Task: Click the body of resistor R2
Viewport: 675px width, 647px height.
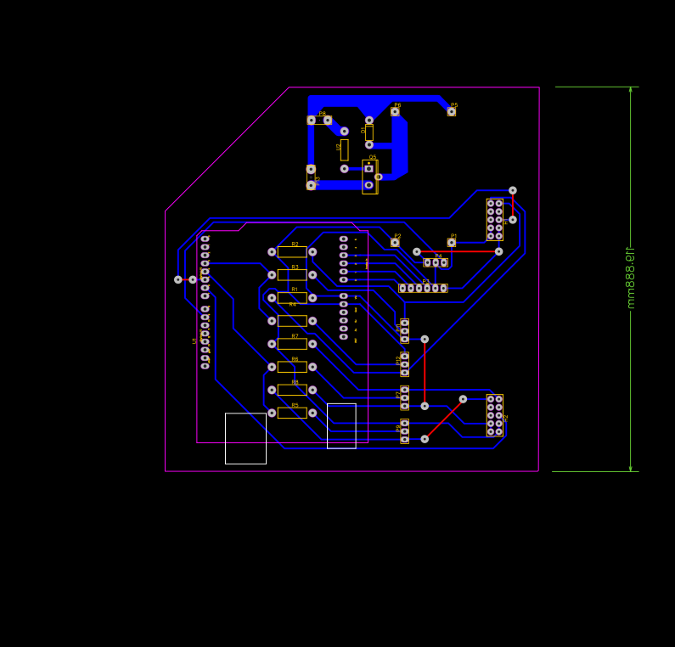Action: [x=292, y=252]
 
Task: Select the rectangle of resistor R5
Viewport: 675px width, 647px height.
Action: [x=292, y=413]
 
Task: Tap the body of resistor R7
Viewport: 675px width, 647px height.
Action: [x=292, y=344]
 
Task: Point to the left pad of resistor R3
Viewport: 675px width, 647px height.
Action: [x=272, y=275]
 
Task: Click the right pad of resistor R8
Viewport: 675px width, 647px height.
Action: [x=312, y=390]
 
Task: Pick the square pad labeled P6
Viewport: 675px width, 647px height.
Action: [x=395, y=111]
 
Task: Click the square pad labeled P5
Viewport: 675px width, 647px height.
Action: [x=452, y=111]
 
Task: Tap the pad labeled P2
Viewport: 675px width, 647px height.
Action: [x=395, y=243]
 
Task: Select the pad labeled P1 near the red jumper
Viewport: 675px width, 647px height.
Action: [x=452, y=243]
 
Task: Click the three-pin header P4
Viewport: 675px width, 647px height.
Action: [x=436, y=263]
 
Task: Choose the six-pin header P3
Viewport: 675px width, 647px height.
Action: [x=423, y=288]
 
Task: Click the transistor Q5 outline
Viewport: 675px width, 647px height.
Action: [x=369, y=177]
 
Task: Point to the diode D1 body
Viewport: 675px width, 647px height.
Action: [x=344, y=150]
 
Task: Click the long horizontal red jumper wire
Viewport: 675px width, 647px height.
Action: [x=458, y=251]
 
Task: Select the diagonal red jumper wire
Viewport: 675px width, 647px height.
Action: [x=443, y=419]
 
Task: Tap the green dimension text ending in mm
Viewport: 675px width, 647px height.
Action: [x=630, y=278]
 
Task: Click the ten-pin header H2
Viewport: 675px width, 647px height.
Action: [x=494, y=415]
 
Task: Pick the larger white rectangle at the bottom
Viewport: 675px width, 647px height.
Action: [x=245, y=438]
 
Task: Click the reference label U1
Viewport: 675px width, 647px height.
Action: [x=194, y=341]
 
